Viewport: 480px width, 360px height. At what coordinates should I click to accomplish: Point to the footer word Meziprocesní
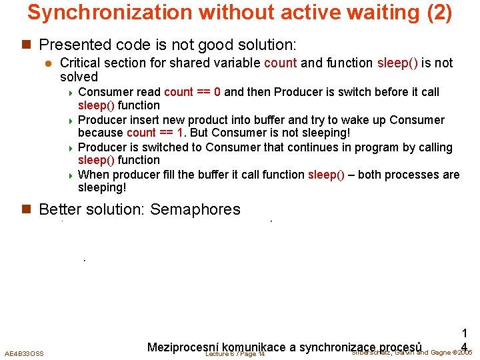click(x=185, y=347)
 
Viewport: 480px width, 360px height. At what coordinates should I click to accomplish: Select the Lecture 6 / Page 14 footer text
click(x=235, y=353)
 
